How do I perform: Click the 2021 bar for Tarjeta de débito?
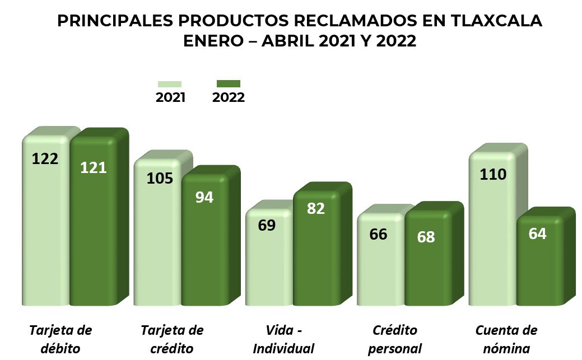46,235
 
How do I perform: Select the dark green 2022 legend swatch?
228,84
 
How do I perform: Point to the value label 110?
493,175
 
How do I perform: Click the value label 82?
316,208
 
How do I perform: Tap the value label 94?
204,197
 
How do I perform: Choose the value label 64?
537,233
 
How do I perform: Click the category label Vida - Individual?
283,339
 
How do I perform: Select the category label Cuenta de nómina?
506,339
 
